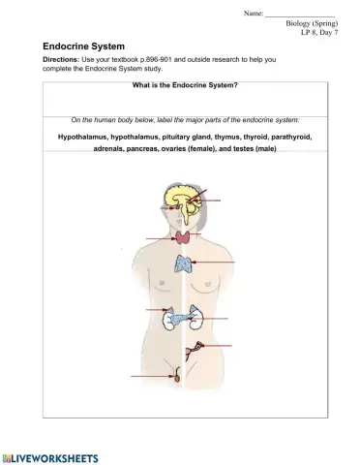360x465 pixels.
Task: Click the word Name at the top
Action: coord(254,14)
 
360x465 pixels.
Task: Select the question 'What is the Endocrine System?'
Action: coord(184,86)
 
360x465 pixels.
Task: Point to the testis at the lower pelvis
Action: coord(176,373)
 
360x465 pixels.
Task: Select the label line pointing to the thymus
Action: coord(215,262)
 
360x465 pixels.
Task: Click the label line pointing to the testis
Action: coord(150,374)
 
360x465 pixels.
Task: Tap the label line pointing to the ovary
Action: coord(218,344)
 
